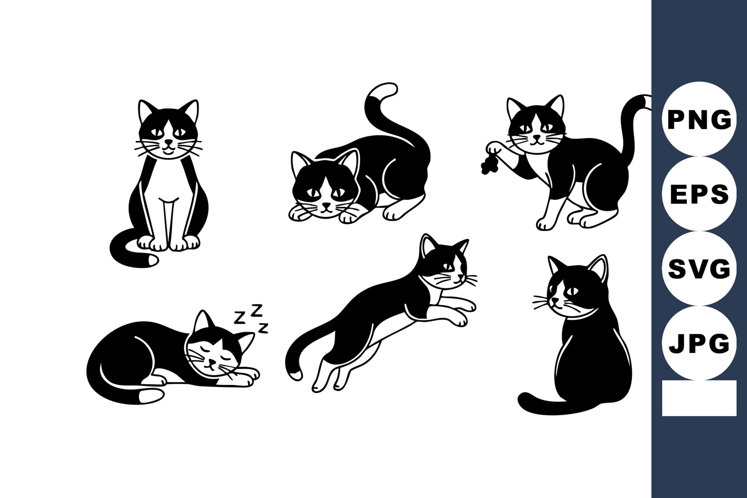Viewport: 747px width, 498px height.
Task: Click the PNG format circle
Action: pyautogui.click(x=699, y=119)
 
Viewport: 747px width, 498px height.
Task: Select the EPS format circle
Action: pyautogui.click(x=699, y=194)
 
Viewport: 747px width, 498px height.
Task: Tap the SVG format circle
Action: pyautogui.click(x=699, y=268)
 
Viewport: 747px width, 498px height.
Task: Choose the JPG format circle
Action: pyautogui.click(x=699, y=343)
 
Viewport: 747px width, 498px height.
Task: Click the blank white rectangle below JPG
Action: pyautogui.click(x=699, y=398)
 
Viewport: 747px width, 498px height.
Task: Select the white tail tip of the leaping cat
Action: pyautogui.click(x=295, y=374)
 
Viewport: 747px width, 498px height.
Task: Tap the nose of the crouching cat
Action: pyautogui.click(x=327, y=205)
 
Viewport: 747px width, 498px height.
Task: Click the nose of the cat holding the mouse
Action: pyautogui.click(x=536, y=137)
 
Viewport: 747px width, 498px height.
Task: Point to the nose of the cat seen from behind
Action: pyautogui.click(x=553, y=300)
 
